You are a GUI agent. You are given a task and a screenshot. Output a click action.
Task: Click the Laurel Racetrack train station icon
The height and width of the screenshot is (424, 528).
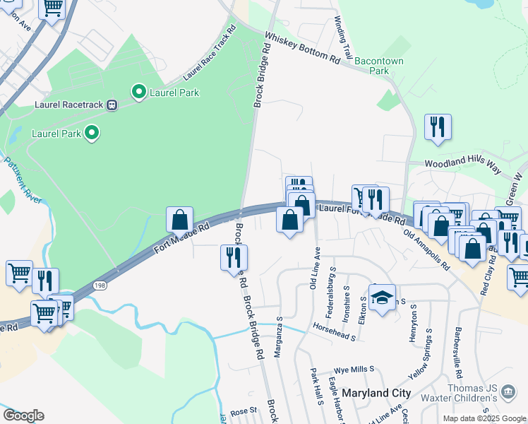[x=112, y=105]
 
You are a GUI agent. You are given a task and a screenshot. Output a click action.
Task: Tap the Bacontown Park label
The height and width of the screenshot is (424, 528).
[x=379, y=66]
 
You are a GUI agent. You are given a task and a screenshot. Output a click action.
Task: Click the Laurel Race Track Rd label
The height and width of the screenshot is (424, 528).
[x=209, y=54]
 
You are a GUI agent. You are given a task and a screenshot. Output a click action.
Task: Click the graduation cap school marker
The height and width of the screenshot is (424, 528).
[x=382, y=298]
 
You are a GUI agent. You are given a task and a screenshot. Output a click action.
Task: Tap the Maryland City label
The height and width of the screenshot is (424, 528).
[x=376, y=392]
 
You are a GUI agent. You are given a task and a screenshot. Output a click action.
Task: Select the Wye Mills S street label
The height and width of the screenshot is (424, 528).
[x=353, y=370]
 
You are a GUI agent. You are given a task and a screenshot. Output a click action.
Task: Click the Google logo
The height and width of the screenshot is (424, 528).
[x=23, y=415]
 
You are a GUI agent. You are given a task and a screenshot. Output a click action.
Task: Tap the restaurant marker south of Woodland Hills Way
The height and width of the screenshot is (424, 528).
[x=438, y=128]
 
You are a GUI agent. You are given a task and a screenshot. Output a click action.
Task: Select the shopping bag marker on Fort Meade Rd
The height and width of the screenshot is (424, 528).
[x=180, y=218]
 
